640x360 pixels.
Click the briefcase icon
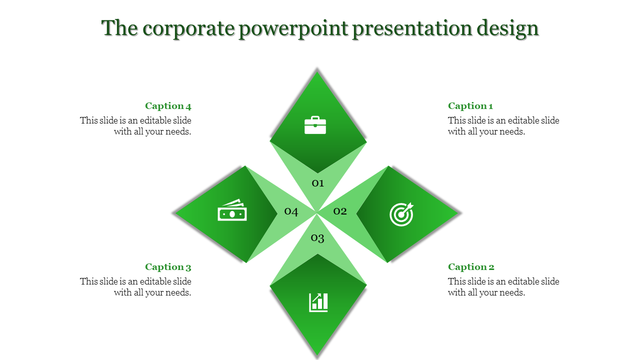(315, 125)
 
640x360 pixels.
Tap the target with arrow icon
(401, 214)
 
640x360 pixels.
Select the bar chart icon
(318, 302)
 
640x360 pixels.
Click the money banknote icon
(232, 211)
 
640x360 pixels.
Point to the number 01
(318, 183)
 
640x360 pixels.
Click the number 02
(340, 211)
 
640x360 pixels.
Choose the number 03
(318, 238)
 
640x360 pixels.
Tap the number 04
(291, 211)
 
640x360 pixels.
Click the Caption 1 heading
(470, 106)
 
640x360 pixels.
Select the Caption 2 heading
(471, 267)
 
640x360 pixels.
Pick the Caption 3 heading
(168, 267)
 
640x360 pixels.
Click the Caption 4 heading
(168, 106)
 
